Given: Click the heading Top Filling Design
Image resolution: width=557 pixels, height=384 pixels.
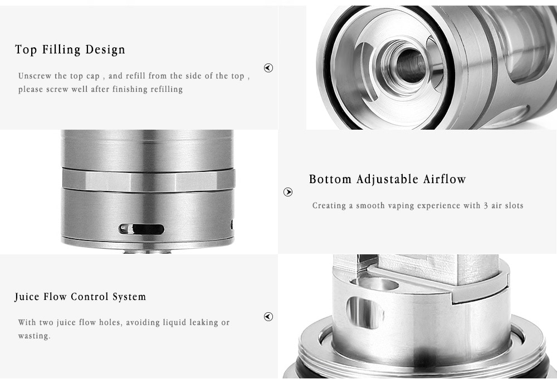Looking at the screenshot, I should [70, 50].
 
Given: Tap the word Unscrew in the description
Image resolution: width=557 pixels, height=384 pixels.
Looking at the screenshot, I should [36, 76].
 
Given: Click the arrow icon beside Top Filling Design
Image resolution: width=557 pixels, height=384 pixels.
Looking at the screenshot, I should [268, 68].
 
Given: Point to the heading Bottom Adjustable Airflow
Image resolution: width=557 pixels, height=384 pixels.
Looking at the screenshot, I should [387, 179].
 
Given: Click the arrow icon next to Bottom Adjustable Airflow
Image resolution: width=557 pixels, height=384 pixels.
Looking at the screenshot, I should [288, 192].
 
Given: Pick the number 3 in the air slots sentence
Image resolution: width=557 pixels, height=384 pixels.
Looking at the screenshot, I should [486, 205].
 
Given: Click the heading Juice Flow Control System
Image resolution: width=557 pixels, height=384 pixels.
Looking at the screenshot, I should [80, 297].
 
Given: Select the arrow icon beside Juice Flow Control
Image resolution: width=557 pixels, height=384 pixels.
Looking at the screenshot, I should [268, 317].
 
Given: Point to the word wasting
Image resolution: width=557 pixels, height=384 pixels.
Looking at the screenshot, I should [34, 336].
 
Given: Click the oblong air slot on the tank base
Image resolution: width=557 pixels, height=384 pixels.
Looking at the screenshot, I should [141, 229].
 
